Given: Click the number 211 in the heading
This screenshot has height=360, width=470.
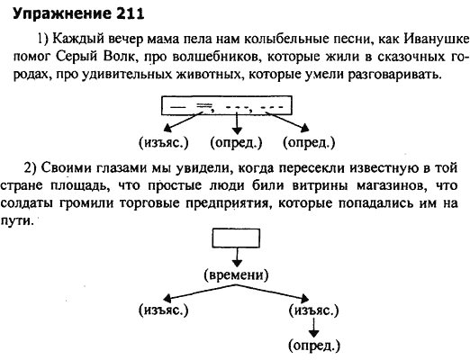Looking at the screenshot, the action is pos(130,13).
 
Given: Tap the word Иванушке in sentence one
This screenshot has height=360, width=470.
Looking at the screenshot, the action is pos(436,39).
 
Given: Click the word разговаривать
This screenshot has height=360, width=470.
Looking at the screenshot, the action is pos(395,75).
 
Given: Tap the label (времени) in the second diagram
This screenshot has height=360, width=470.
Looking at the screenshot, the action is pos(236,274).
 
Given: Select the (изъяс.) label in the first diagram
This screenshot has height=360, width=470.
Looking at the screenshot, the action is pos(164,142).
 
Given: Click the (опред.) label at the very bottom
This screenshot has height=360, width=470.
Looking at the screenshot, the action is pos(314,346).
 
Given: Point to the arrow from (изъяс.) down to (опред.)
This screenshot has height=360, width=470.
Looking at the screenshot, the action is pos(314,328).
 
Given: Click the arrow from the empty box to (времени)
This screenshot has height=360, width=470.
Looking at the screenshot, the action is pos(237,257).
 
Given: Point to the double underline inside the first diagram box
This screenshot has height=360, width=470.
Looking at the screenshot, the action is pos(204,104).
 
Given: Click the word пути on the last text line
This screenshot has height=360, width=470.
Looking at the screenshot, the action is pos(16,222).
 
